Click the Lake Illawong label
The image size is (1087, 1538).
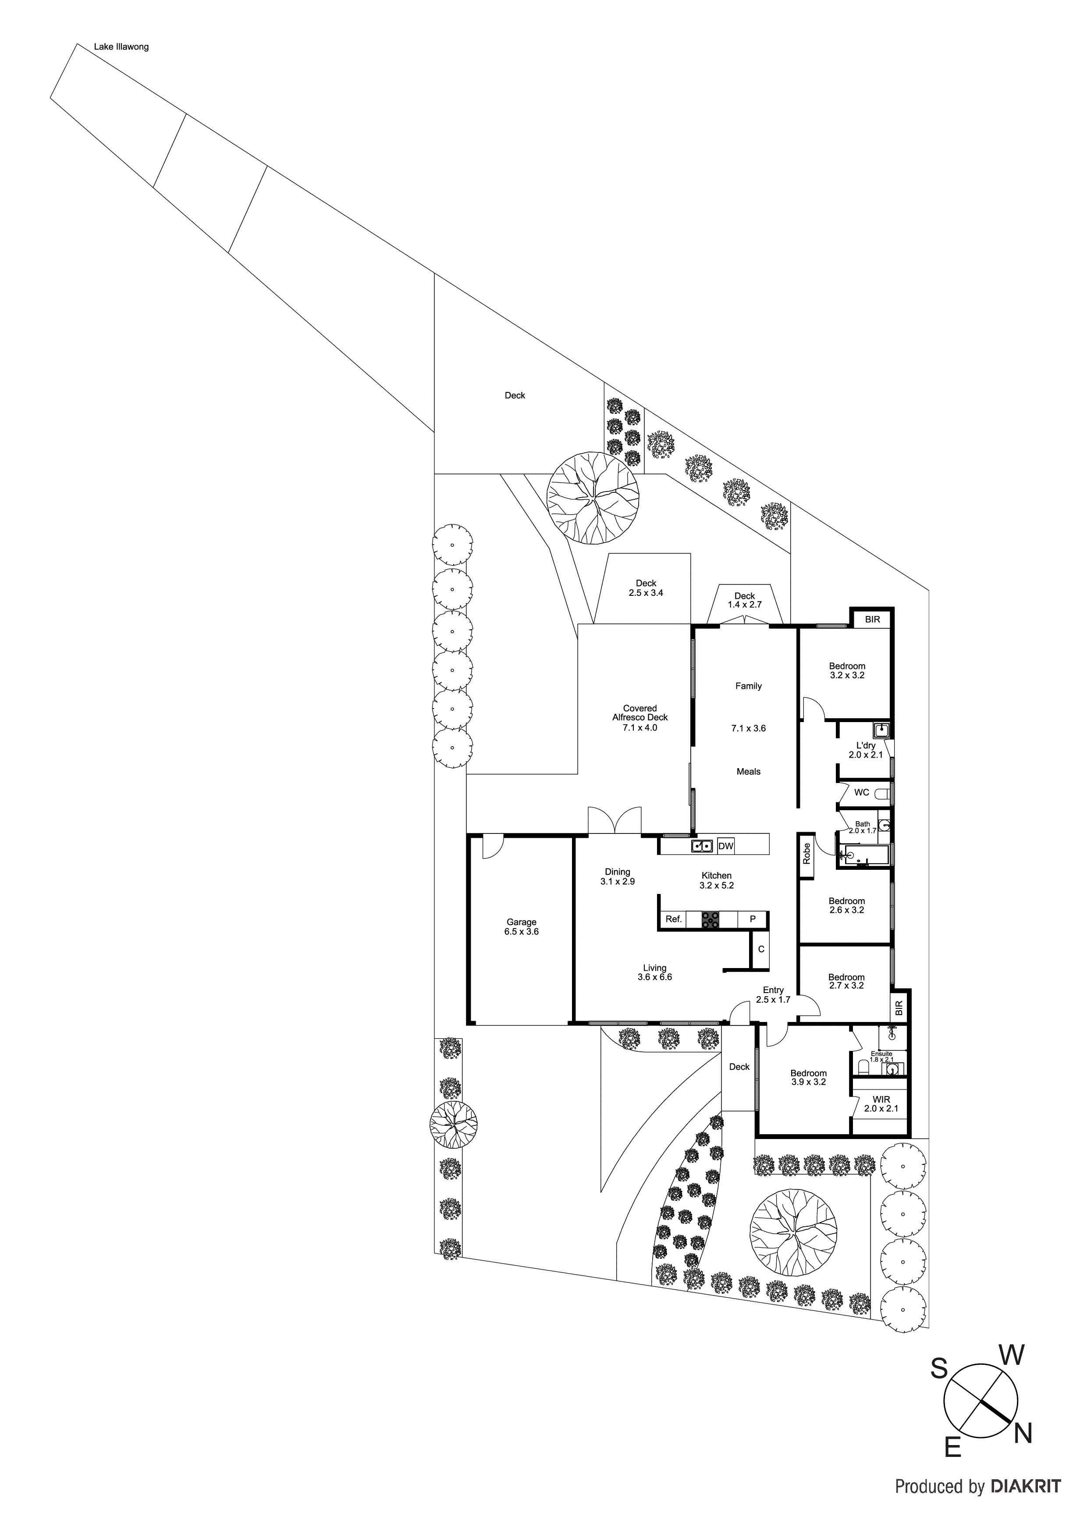tap(121, 47)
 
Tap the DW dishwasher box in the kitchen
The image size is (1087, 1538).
tap(725, 846)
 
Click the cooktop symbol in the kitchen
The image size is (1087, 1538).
tap(710, 920)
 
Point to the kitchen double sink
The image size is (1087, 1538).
tap(701, 846)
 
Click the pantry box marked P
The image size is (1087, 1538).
tap(753, 920)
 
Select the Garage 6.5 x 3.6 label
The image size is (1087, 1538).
tap(521, 927)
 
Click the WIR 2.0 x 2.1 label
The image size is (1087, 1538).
tap(881, 1103)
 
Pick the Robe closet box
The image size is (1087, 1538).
tap(806, 854)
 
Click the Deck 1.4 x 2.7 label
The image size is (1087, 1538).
tap(744, 600)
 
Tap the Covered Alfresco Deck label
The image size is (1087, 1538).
tap(639, 717)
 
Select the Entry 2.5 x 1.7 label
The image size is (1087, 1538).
tap(773, 995)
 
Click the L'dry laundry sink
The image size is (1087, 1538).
tap(881, 730)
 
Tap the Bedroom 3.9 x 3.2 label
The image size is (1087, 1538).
tap(808, 1077)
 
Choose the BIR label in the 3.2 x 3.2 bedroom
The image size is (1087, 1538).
tap(872, 619)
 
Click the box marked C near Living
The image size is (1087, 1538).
tap(761, 949)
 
